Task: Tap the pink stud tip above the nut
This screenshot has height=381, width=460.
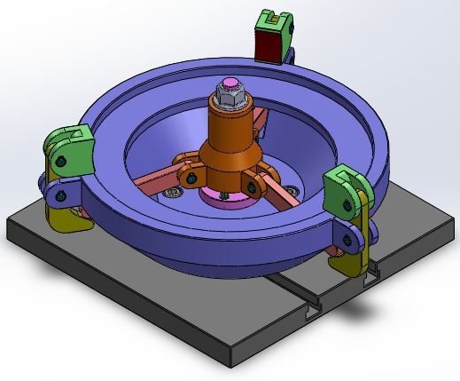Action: pyautogui.click(x=230, y=85)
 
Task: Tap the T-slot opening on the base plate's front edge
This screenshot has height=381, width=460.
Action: pyautogui.click(x=313, y=314)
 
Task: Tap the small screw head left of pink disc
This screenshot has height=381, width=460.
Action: pyautogui.click(x=175, y=190)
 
